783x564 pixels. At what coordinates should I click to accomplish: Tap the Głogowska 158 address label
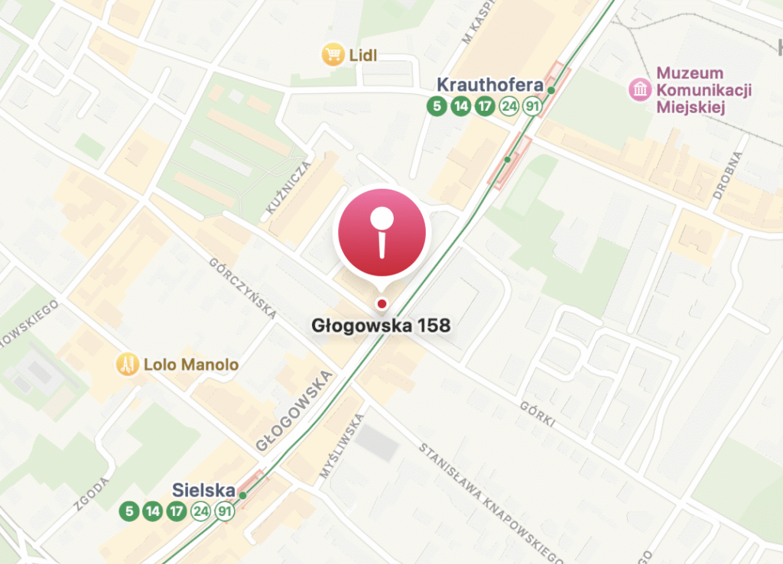[381, 326]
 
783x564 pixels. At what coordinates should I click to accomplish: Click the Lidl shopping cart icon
[332, 55]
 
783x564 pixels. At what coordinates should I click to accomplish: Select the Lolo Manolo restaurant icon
[127, 365]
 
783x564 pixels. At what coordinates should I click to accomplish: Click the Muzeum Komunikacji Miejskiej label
[703, 90]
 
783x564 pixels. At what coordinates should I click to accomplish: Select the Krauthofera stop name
[489, 84]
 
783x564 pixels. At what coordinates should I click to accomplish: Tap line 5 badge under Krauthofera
[437, 106]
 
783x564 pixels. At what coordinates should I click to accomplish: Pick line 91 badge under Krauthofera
[532, 106]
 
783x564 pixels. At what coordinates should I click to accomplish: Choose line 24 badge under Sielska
[201, 511]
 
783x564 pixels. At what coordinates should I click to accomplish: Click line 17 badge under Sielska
[177, 511]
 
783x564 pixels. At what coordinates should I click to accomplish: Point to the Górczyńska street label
[242, 287]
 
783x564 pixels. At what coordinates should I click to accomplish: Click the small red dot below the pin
[382, 304]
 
